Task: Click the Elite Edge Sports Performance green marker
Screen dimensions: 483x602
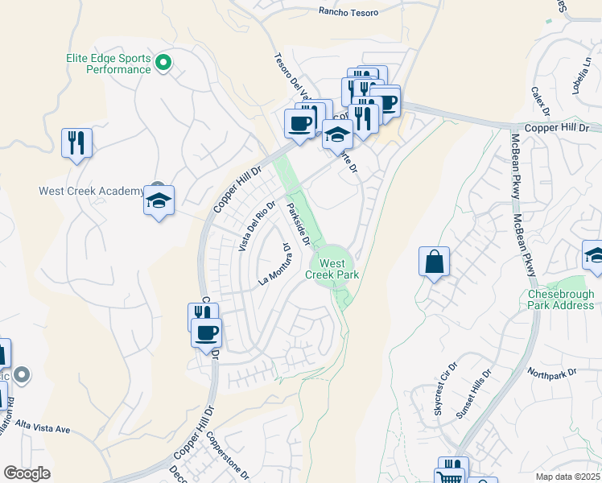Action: click(163, 62)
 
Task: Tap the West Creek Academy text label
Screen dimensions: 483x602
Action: click(90, 192)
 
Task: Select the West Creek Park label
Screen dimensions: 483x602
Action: click(332, 269)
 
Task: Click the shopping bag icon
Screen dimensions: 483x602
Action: click(434, 262)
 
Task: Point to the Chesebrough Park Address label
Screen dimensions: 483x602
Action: click(561, 299)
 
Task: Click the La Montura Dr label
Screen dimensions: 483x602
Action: click(274, 266)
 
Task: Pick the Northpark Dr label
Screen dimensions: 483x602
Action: click(553, 374)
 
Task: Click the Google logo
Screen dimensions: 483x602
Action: click(27, 473)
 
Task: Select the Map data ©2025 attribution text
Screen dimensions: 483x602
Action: click(568, 477)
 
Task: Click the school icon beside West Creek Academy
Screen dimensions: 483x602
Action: click(159, 200)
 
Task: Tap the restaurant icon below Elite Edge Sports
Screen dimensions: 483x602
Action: click(76, 142)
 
